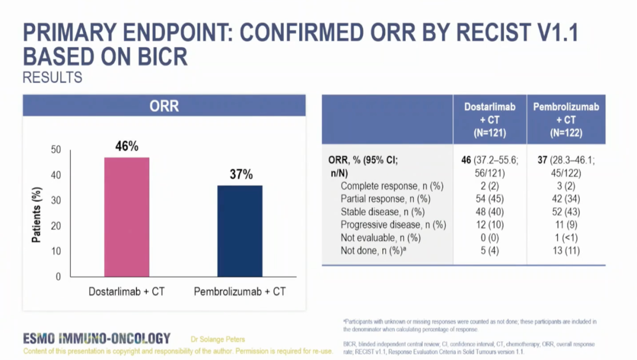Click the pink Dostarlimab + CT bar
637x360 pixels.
[x=127, y=217]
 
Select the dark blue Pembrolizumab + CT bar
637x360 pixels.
[x=240, y=231]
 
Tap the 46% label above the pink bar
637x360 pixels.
[x=126, y=146]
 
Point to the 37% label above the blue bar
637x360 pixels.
[x=240, y=175]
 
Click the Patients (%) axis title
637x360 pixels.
[x=37, y=214]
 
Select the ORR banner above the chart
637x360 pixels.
[x=164, y=106]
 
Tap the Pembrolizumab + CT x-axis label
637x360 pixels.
[x=240, y=292]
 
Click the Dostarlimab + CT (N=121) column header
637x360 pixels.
[x=490, y=120]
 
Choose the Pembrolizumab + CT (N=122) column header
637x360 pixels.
[x=566, y=120]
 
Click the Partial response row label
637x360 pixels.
[x=382, y=199]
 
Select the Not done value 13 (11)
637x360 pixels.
[x=566, y=251]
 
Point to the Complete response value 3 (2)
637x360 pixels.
[x=566, y=186]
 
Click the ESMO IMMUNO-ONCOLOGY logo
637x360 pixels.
[x=97, y=339]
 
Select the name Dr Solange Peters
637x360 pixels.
[x=218, y=339]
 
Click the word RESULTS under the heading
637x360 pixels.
[x=52, y=77]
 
